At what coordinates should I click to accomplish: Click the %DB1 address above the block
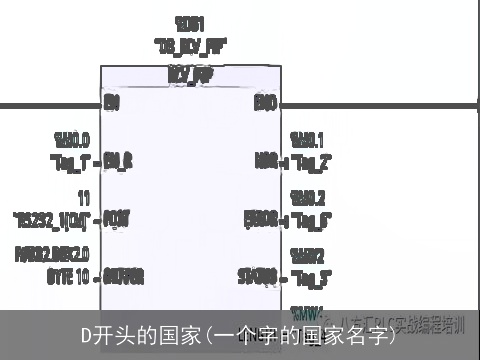190,22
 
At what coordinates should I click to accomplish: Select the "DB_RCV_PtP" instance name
190,45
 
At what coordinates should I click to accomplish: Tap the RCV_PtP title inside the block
190,75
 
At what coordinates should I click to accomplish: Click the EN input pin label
112,101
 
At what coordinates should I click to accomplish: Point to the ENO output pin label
265,101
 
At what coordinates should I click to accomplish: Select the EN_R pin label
118,160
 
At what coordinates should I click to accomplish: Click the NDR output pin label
265,160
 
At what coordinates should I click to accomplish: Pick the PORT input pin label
117,217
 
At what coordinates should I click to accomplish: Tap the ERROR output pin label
260,217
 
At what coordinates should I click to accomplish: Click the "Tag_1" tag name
71,160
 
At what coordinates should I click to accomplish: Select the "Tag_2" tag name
311,160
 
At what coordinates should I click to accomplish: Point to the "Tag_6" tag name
311,217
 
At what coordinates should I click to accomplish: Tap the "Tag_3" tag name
311,275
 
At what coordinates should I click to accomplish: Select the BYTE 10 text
67,275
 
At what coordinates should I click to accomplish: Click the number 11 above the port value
83,197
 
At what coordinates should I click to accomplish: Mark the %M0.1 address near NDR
307,140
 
